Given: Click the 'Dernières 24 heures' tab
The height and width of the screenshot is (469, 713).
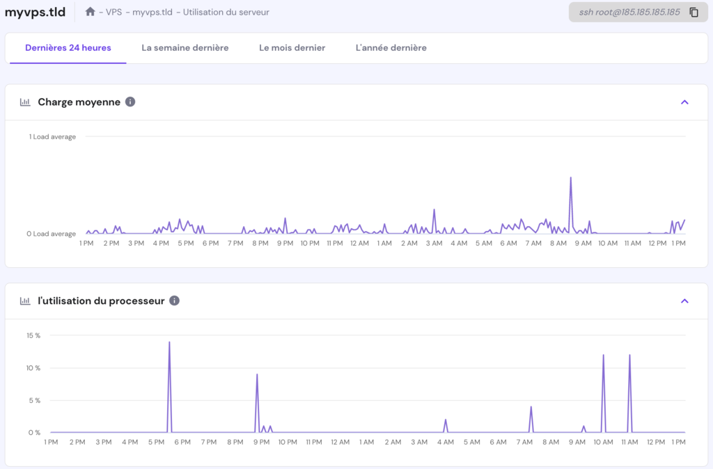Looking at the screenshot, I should coord(68,48).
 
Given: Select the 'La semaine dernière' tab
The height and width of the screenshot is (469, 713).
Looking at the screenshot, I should coord(185,48).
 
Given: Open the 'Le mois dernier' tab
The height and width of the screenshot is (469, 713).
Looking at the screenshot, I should coord(292,48).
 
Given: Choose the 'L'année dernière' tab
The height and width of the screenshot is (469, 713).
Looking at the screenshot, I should coord(391,48).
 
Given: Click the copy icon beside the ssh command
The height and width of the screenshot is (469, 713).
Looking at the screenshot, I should coord(694,13).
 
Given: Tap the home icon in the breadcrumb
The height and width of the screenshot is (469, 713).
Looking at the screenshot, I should coord(91,12).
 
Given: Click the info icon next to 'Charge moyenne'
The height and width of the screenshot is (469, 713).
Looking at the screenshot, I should coord(130,102).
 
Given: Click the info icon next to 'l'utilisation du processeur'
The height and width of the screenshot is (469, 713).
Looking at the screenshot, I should coord(174,301).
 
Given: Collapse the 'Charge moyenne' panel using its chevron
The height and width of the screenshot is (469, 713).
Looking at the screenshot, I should coord(684,102).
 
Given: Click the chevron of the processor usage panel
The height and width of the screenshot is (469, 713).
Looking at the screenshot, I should coord(684,301).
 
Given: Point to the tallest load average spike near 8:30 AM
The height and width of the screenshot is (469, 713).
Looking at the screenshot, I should coord(571,178).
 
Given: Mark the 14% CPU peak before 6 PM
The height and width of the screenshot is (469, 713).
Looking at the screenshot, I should coord(169,343).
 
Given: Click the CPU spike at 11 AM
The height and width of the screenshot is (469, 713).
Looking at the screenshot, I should coord(629,356).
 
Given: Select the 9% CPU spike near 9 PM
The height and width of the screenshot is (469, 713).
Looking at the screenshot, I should coord(257,375).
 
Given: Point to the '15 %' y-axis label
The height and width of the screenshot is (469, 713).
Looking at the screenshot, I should coord(33,335).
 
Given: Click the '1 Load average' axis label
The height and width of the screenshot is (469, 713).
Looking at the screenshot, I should coord(52,136).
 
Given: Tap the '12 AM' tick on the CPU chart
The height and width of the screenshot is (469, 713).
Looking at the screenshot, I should coord(340,442).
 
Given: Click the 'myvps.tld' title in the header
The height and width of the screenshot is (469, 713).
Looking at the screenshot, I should coord(35,13).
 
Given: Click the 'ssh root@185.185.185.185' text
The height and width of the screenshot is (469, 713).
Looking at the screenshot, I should coord(629,13).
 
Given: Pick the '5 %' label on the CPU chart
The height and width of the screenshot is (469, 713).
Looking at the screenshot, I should coord(35,400).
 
